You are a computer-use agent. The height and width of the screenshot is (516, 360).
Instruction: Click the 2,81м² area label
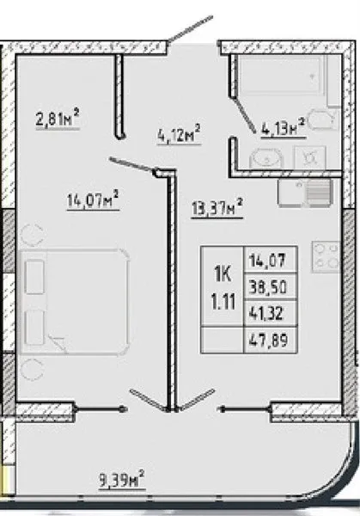pyautogui.click(x=58, y=120)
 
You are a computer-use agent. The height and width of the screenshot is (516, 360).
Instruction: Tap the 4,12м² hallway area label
pyautogui.click(x=179, y=134)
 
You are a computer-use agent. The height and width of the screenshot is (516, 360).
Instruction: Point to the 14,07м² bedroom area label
pyautogui.click(x=93, y=200)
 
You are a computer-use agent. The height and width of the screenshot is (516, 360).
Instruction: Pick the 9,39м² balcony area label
pyautogui.click(x=122, y=480)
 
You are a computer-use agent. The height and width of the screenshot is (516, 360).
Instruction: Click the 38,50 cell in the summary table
pyautogui.click(x=268, y=287)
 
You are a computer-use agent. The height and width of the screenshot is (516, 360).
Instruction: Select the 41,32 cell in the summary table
pyautogui.click(x=266, y=313)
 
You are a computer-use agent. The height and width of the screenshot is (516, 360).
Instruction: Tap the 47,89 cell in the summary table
pyautogui.click(x=269, y=340)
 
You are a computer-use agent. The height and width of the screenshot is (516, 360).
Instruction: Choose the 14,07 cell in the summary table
pyautogui.click(x=267, y=261)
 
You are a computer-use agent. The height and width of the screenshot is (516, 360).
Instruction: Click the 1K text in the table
pyautogui.click(x=223, y=273)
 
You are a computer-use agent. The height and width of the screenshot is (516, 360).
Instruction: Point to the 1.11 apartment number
pyautogui.click(x=223, y=302)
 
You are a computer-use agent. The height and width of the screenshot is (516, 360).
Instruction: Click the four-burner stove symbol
pyautogui.click(x=326, y=257)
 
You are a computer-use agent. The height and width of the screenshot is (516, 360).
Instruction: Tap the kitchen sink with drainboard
pyautogui.click(x=305, y=193)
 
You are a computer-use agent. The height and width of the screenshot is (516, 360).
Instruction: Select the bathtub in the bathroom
pyautogui.click(x=284, y=75)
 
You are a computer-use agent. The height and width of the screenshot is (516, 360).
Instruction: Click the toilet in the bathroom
pyautogui.click(x=324, y=120)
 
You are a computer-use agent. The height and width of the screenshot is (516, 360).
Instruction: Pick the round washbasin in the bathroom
pyautogui.click(x=266, y=158)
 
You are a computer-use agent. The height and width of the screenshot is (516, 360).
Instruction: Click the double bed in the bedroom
pyautogui.click(x=75, y=302)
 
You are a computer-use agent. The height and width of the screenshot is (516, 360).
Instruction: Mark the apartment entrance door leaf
pyautogui.click(x=190, y=29)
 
